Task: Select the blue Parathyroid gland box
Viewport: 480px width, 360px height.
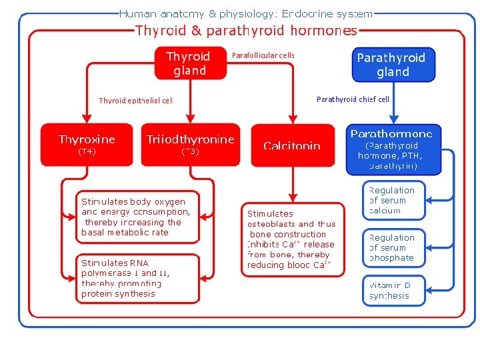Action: (393, 65)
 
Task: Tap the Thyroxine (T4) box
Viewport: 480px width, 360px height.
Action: (87, 144)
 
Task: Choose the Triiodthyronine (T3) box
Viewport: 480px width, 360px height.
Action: (191, 144)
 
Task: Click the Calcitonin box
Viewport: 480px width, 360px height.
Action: (292, 145)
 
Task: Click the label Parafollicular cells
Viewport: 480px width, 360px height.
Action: (263, 55)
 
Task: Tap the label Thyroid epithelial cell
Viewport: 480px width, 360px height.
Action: (136, 101)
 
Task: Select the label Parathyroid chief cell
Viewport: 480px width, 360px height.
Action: (353, 99)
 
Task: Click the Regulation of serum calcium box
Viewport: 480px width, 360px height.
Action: (393, 200)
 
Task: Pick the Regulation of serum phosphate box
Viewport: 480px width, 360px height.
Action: (393, 247)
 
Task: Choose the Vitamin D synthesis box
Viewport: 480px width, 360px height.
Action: (393, 290)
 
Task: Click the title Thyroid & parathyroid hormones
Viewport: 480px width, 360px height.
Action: (246, 31)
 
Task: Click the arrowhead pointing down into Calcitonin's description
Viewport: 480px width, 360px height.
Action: (291, 197)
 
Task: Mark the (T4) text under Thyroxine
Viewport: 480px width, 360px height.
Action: (87, 152)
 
